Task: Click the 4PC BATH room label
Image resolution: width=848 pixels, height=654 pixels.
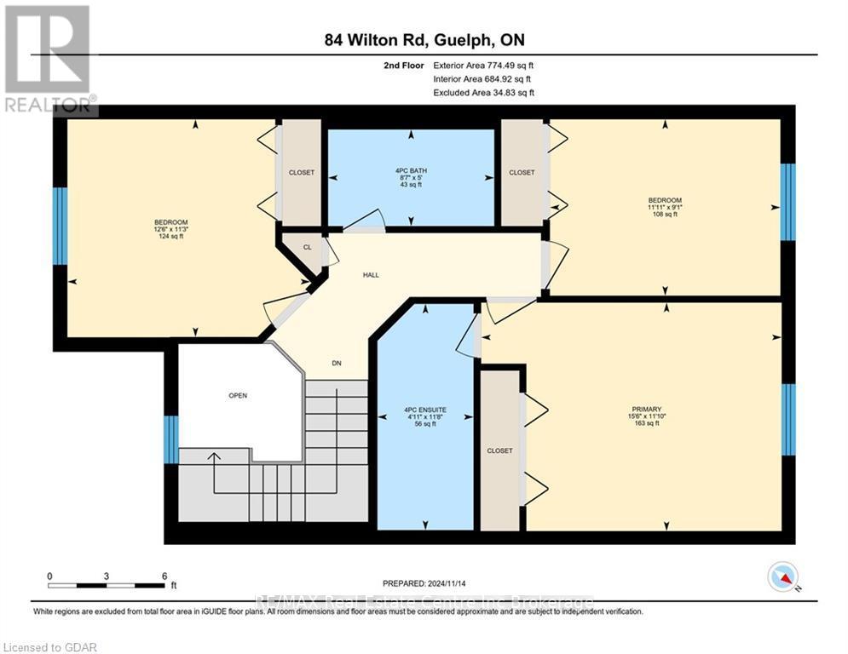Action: coord(411,170)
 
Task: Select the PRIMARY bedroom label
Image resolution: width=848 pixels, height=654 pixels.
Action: coord(653,409)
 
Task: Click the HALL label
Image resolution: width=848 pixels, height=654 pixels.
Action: coord(371,275)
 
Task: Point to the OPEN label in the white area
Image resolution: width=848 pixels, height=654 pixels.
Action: coord(237,396)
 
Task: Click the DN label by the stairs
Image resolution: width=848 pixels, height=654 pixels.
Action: coord(337,364)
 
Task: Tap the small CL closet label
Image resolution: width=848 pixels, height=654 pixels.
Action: coord(308,247)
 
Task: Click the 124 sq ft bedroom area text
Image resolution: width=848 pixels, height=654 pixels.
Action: coord(169,236)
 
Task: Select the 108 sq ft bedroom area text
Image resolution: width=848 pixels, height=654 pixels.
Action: coord(664,215)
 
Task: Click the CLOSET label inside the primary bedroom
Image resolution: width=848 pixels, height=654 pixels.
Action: coord(499,450)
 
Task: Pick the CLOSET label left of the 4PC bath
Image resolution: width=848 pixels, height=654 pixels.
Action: coord(301,173)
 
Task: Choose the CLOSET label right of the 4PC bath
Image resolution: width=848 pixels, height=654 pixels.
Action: coord(522,173)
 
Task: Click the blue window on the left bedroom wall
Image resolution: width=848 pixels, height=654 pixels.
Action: coord(60,226)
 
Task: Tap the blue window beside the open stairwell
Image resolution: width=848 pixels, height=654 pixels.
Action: coord(170,439)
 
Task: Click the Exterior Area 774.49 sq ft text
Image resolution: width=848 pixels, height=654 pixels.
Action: coord(483,65)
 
